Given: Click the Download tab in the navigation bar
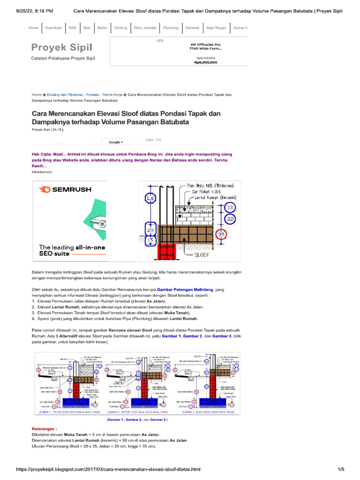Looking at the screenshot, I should (x=53, y=28).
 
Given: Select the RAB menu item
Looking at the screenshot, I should (x=72, y=28).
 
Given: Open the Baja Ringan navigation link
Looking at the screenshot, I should (x=217, y=28).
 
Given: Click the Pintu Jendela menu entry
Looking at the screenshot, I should (x=145, y=28).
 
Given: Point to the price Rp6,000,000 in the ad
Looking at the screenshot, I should (x=205, y=62).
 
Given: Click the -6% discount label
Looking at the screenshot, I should (x=160, y=41).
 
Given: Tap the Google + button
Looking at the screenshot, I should (x=116, y=142).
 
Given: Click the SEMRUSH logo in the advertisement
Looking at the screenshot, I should (x=66, y=190).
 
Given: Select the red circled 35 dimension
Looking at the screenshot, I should (x=222, y=233).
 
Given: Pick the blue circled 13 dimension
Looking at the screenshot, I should (x=230, y=207).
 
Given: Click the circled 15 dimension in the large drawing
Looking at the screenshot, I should (x=150, y=240).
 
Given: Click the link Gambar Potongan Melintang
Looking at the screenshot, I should (x=185, y=290).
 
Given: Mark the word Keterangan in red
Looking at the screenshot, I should (x=44, y=428).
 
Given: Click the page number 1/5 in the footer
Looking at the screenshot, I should (x=341, y=469).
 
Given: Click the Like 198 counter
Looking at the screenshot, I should (x=153, y=140).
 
